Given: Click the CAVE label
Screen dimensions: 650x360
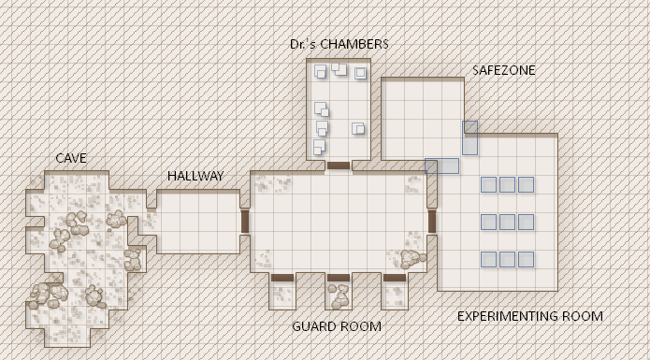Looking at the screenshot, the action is (71, 158).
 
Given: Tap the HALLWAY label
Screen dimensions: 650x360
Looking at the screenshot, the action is (195, 176).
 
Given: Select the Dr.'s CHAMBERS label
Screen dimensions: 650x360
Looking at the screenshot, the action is (339, 44).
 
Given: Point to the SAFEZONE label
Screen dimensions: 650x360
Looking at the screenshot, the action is (504, 70).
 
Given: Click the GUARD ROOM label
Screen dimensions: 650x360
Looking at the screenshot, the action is (337, 326).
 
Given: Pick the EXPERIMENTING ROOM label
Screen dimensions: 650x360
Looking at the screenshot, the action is (529, 316).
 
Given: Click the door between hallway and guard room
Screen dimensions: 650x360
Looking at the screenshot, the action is (245, 222).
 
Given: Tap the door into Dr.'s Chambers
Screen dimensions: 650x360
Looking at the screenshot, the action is (339, 166).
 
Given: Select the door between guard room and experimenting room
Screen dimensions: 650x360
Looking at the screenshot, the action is (432, 222).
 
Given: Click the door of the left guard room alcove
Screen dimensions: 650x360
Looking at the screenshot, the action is (282, 277).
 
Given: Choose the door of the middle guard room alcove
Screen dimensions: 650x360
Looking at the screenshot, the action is (339, 277).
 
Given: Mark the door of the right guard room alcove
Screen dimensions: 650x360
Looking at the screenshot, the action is (395, 277).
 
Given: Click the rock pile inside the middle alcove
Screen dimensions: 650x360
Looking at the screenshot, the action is (339, 296).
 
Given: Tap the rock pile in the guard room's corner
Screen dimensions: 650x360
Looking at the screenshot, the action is (412, 259).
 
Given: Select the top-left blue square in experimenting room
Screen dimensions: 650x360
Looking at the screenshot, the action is (488, 185).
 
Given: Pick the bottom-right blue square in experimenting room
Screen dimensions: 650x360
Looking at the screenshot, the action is (526, 260).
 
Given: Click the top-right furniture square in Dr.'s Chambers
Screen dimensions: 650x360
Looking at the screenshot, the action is (360, 73).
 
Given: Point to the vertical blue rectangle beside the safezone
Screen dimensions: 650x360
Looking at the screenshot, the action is (469, 138).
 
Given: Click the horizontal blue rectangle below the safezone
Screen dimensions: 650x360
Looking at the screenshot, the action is (441, 166).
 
